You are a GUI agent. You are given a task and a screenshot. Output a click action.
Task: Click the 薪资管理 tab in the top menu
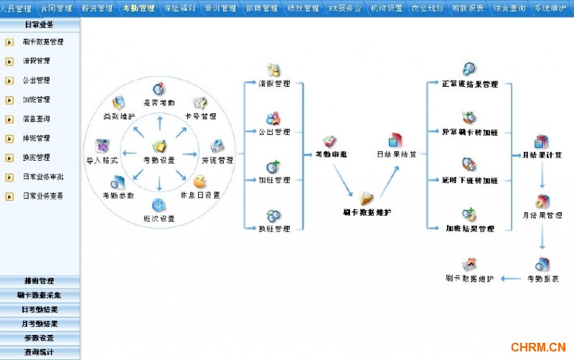click(97, 9)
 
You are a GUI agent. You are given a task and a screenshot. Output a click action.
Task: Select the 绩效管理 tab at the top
click(302, 9)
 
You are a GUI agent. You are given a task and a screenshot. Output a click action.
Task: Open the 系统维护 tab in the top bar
click(550, 9)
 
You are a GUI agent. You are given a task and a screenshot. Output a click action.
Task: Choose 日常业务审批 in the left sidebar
click(42, 176)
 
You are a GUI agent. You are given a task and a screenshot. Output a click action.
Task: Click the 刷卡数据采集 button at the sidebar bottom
click(39, 295)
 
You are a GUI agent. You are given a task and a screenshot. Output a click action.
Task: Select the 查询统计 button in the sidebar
click(39, 352)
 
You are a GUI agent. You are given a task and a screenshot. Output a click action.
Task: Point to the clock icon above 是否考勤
click(159, 90)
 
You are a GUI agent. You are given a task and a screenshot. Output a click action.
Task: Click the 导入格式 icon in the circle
click(102, 146)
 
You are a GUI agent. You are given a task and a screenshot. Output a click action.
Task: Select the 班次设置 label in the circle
click(159, 219)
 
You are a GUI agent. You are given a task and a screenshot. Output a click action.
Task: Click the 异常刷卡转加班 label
click(470, 132)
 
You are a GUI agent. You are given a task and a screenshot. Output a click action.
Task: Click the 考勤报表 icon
click(542, 265)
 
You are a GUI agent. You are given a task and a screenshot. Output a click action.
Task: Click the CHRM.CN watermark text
click(538, 348)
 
